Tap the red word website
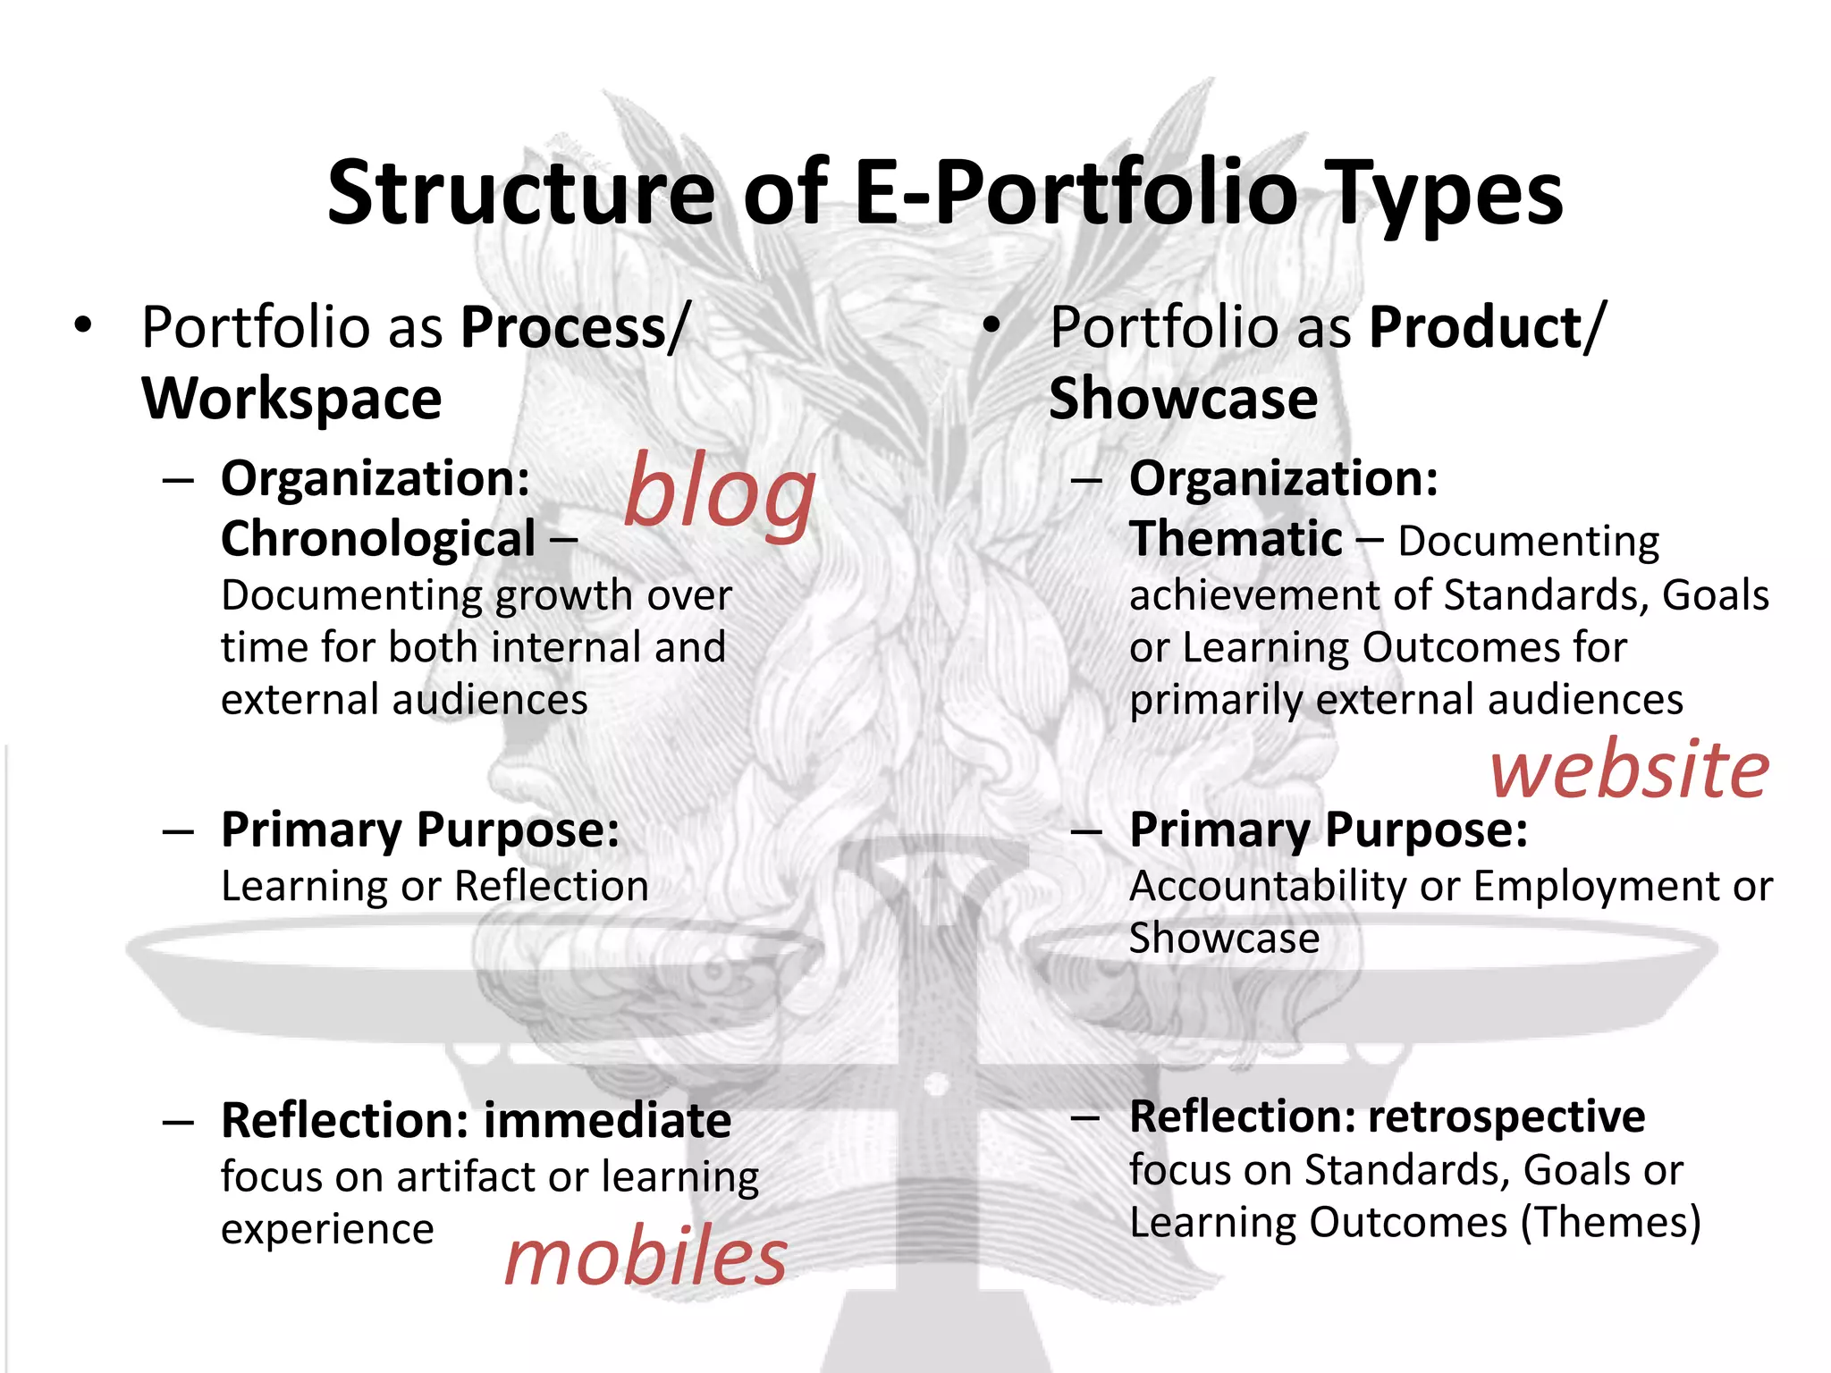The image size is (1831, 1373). pos(1629,771)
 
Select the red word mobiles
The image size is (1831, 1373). pos(645,1257)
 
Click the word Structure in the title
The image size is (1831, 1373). pos(521,193)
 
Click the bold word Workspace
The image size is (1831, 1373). pos(291,399)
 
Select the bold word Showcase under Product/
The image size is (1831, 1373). pos(1183,399)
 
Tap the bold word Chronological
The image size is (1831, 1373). pos(378,540)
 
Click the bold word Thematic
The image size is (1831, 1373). pos(1236,540)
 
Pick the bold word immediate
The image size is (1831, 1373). pos(607,1121)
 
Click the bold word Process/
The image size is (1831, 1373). pos(575,328)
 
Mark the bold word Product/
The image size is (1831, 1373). pos(1487,328)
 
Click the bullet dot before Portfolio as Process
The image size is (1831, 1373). pos(83,327)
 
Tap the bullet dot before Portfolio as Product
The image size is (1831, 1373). pos(991,327)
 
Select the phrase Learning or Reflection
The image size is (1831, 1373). pos(435,887)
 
